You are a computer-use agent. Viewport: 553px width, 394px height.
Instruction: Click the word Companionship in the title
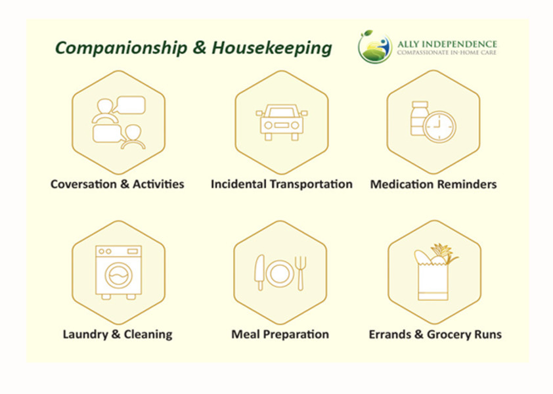[x=121, y=48]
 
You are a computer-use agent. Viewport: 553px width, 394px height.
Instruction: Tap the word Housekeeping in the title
[x=271, y=48]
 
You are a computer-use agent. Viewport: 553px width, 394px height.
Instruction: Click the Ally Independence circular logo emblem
[x=374, y=47]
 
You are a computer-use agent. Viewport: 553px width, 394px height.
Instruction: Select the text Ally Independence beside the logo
[x=447, y=44]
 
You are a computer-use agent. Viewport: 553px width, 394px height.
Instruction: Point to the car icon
[x=282, y=122]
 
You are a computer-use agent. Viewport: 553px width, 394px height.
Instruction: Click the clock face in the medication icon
[x=440, y=127]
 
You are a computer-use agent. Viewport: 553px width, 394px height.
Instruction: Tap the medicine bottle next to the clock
[x=419, y=118]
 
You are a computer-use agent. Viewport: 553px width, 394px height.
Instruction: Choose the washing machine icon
[x=118, y=273]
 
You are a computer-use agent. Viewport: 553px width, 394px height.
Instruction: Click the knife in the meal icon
[x=259, y=273]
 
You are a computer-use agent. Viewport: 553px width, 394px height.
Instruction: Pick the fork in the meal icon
[x=301, y=273]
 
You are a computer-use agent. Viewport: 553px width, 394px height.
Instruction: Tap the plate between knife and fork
[x=280, y=273]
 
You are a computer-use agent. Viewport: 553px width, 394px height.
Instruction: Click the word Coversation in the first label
[x=83, y=184]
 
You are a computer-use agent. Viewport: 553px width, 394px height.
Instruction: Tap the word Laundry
[x=85, y=335]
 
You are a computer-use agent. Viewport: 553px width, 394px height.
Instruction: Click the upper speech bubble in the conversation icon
[x=131, y=105]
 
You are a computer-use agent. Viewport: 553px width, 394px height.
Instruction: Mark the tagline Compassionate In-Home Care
[x=447, y=53]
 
